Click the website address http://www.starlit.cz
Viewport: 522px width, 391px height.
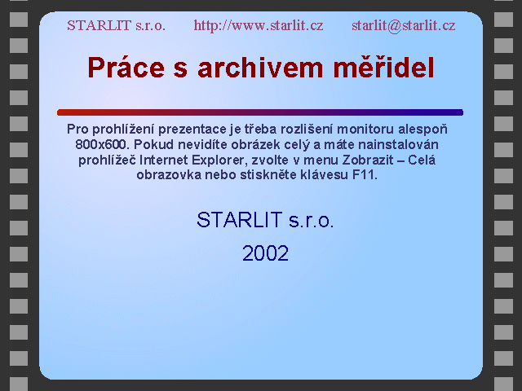click(259, 25)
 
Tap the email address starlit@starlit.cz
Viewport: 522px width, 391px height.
click(404, 25)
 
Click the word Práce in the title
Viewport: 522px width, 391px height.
click(126, 68)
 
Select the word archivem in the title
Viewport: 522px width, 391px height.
click(260, 68)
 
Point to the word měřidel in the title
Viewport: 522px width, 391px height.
click(384, 68)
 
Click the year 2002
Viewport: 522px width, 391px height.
click(265, 253)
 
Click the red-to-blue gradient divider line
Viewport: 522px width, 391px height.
click(260, 112)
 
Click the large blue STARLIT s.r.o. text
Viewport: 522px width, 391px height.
click(265, 220)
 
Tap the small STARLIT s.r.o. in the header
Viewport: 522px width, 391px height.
click(116, 25)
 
